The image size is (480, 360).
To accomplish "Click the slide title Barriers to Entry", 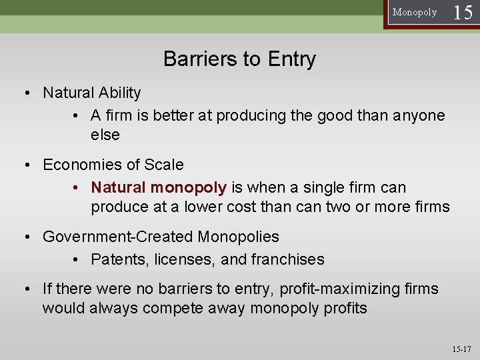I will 239,59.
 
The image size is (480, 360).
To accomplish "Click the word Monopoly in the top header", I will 415,12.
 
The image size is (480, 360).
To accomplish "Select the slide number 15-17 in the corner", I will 461,349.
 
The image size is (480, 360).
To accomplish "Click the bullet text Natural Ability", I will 92,93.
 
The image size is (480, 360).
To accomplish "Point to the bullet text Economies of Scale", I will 113,165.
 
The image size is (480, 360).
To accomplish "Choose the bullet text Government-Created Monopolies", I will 161,237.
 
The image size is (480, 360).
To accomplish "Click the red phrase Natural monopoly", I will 159,188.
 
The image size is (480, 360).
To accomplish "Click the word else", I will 105,135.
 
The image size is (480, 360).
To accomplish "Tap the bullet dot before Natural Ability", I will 28,93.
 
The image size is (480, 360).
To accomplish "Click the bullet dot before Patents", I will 77,260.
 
